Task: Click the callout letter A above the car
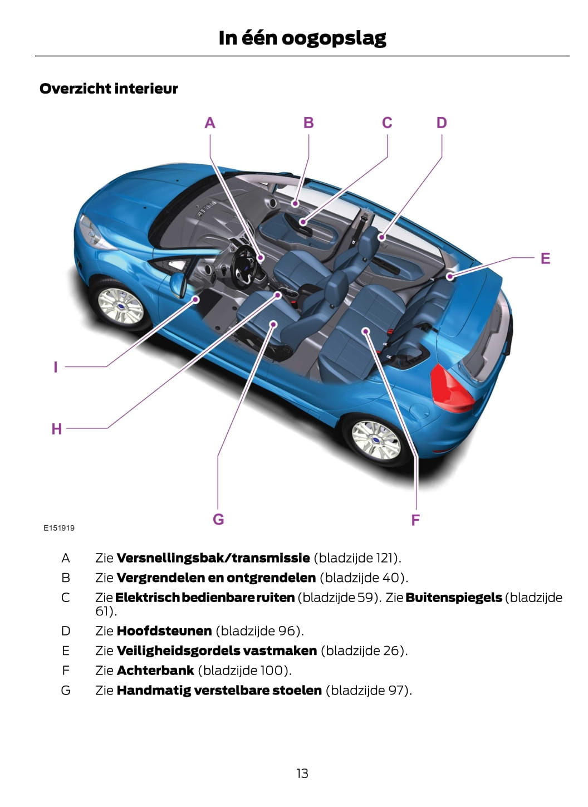210,123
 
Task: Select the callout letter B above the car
308,123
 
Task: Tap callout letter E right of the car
545,258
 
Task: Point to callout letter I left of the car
55,367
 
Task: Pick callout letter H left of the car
56,429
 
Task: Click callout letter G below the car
218,519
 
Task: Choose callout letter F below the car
415,520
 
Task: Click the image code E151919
59,528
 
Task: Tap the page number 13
302,773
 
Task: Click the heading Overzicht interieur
109,89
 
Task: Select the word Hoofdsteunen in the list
164,631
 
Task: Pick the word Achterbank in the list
155,671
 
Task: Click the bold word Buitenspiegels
454,598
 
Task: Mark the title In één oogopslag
302,38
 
